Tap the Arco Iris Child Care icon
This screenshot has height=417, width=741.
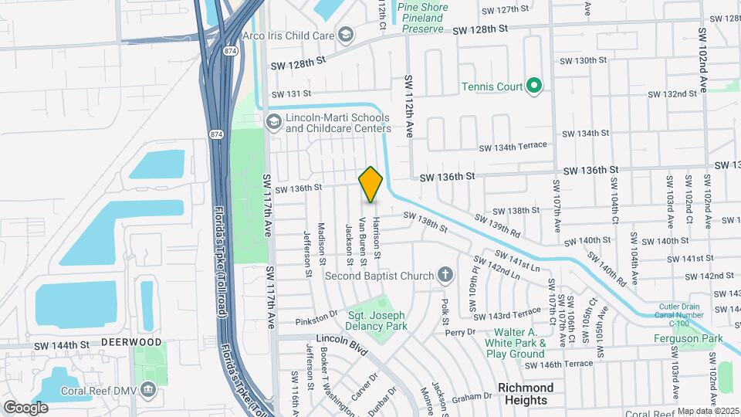click(346, 34)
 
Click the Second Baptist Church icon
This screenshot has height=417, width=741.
click(445, 275)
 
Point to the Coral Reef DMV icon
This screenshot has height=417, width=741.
click(147, 390)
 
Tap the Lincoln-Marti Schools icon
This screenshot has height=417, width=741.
click(272, 122)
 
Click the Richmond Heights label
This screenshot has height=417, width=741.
click(527, 393)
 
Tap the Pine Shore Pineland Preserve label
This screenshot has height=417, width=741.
click(421, 19)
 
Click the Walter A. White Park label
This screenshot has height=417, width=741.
click(516, 343)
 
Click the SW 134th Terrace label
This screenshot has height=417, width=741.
click(513, 146)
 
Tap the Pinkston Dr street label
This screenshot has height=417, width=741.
click(316, 320)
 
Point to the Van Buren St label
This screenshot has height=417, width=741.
click(361, 240)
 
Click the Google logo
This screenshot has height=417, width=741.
click(25, 407)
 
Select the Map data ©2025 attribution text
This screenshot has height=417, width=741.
click(708, 411)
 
